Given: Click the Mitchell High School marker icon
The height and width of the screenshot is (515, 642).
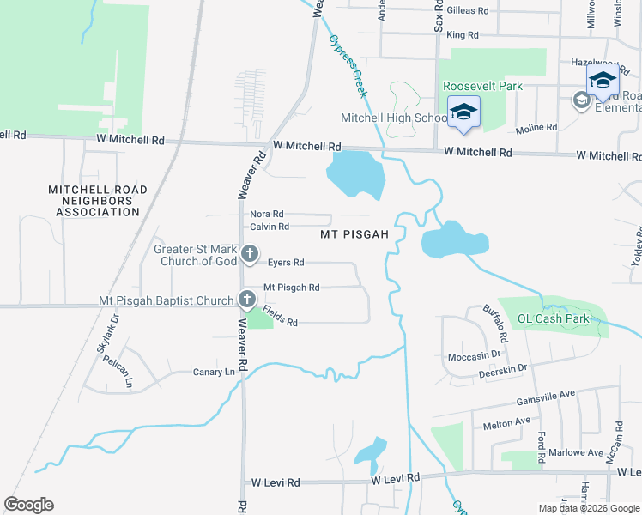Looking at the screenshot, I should click(464, 112).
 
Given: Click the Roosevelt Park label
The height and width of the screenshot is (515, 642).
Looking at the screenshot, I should click(482, 87).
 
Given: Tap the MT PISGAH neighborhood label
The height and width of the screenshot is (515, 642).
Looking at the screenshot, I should click(355, 233).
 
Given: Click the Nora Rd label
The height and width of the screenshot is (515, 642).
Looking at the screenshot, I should click(266, 214).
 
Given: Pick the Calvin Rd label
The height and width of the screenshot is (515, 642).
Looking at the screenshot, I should click(270, 227).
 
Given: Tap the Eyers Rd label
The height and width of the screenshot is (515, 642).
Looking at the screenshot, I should click(286, 263).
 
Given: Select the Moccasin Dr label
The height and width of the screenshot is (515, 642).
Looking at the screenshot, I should click(474, 355).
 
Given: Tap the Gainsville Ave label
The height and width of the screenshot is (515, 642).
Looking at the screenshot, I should click(545, 398).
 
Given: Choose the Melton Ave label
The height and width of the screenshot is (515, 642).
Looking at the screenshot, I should click(507, 422).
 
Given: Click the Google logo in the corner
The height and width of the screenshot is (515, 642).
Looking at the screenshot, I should click(28, 505).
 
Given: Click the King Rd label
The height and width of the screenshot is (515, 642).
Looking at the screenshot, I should click(462, 35).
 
